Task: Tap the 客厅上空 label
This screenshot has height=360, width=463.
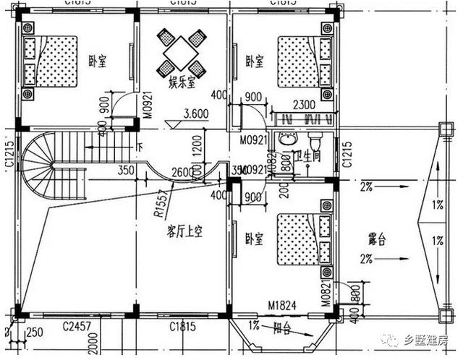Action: (184, 233)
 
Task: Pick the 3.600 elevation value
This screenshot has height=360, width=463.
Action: (198, 113)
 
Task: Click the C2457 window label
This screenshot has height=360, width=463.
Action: (76, 327)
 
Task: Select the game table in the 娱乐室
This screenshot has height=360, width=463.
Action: (182, 52)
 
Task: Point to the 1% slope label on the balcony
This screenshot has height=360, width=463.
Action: (254, 325)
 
